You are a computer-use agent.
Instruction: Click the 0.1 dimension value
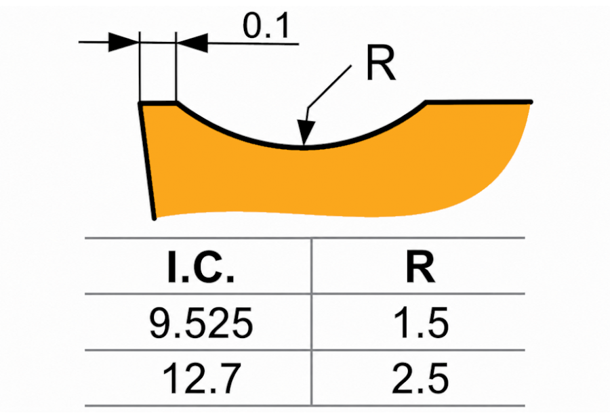[266, 26]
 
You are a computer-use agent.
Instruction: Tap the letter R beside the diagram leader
[381, 63]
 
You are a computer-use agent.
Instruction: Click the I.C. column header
[201, 267]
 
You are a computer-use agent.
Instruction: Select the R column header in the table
[420, 267]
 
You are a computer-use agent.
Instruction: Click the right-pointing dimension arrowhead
[123, 41]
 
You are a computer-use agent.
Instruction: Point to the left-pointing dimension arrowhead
[192, 43]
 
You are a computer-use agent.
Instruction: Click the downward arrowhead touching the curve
[306, 133]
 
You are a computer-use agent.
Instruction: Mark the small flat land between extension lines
[158, 104]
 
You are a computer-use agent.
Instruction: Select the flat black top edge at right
[479, 102]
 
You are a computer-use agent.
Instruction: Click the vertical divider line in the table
[312, 322]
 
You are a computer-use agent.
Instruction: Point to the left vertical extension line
[139, 67]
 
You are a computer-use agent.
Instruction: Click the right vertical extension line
[176, 67]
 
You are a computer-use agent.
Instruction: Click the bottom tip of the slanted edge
[155, 219]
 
